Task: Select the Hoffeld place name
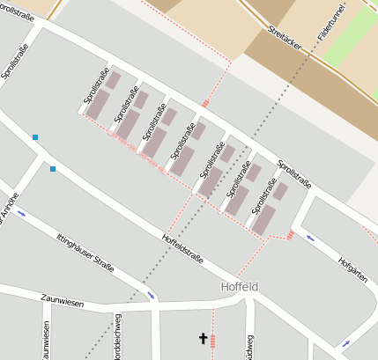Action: coord(239,287)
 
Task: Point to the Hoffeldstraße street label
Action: coord(183,248)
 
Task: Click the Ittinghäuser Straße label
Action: coord(85,253)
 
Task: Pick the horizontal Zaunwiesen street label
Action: coord(63,302)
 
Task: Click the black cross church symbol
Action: coord(202,339)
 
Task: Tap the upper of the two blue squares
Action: coord(35,137)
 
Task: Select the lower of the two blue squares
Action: coord(53,168)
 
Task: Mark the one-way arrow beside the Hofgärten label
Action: coord(309,238)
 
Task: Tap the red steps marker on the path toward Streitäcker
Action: coord(204,103)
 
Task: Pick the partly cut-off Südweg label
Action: coord(250,346)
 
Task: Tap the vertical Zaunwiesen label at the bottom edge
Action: coord(46,340)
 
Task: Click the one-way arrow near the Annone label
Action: coord(21,214)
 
